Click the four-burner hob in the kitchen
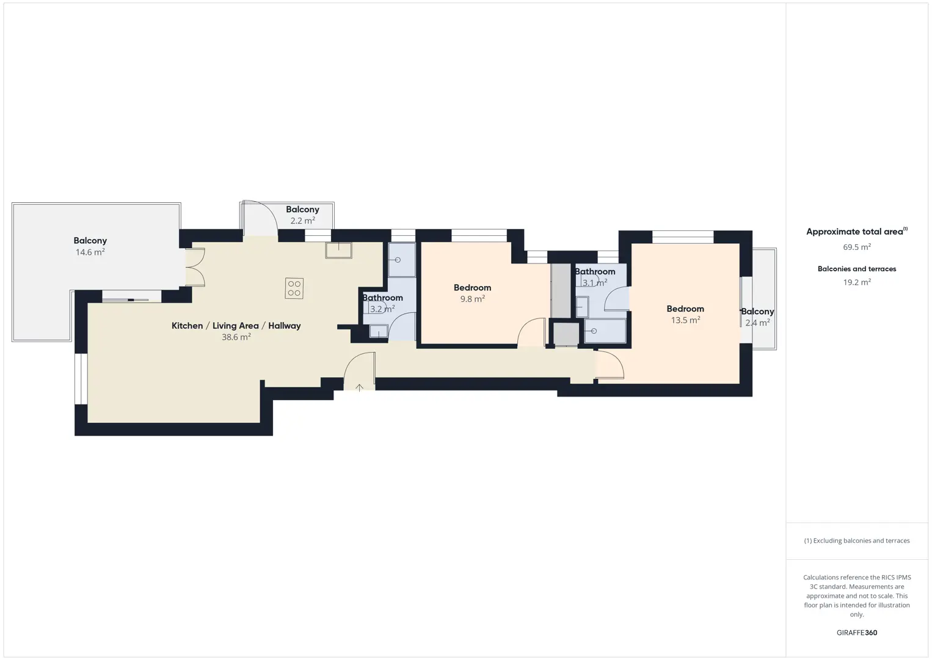(x=294, y=288)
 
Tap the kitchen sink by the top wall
(x=339, y=251)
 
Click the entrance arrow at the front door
(x=360, y=387)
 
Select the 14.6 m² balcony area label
(x=90, y=252)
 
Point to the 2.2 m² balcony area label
(x=302, y=220)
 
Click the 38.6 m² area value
(x=236, y=337)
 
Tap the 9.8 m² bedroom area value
(x=472, y=299)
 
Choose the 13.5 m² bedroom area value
(x=685, y=320)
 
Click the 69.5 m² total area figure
(x=857, y=247)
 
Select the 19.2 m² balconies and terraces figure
(x=857, y=282)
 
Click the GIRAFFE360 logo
(x=857, y=632)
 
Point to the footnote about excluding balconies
(x=857, y=540)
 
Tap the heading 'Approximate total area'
(x=857, y=231)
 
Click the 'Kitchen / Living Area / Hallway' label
(x=236, y=326)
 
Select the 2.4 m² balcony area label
(x=757, y=322)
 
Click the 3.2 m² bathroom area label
(x=382, y=309)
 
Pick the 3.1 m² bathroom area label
(x=595, y=282)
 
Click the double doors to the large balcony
(x=195, y=267)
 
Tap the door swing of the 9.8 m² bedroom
(x=531, y=332)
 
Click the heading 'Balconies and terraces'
(x=857, y=268)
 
